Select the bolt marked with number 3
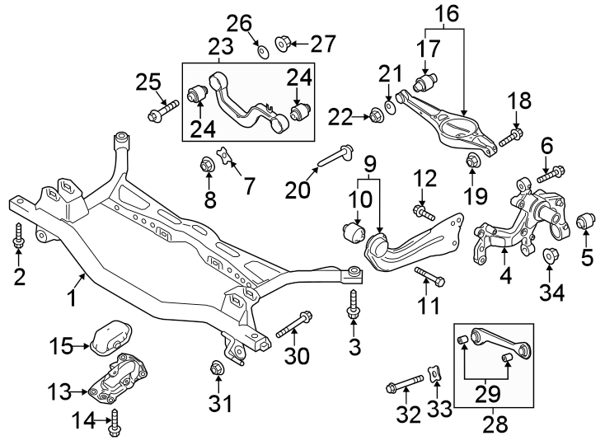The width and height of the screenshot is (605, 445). [x=354, y=305]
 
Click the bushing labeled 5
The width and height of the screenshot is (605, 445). [x=586, y=222]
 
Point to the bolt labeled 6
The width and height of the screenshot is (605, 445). [x=551, y=175]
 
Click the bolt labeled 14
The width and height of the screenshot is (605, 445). [x=115, y=424]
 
